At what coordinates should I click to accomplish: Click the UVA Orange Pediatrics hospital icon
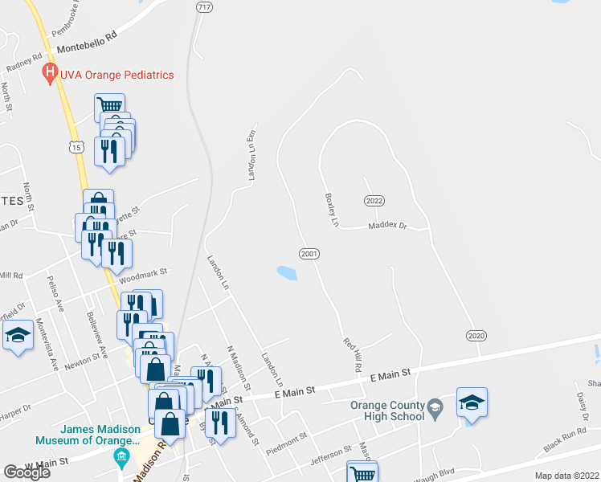tap(51, 75)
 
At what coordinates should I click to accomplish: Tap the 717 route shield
tap(204, 6)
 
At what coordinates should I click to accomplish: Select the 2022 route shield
tap(374, 200)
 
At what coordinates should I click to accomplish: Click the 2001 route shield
tap(310, 254)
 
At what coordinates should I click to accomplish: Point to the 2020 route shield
tap(476, 334)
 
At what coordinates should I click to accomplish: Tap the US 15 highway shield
tap(76, 147)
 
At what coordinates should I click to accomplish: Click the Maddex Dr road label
tap(388, 227)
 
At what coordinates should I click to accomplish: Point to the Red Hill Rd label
tap(350, 354)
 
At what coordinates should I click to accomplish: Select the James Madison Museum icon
tap(121, 459)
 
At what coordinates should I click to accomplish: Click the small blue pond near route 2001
tap(287, 274)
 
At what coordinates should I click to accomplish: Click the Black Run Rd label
tap(565, 439)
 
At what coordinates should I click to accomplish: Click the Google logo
tap(27, 472)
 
